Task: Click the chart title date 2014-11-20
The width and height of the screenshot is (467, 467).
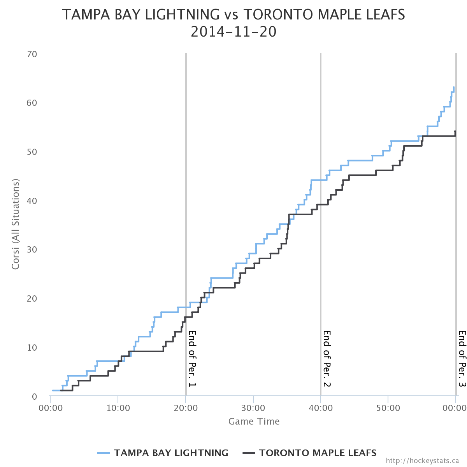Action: (233, 32)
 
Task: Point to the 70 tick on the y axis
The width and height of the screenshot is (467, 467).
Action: (32, 54)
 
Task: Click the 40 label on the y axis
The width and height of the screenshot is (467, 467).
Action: (32, 201)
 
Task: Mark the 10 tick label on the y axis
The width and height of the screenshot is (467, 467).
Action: (32, 348)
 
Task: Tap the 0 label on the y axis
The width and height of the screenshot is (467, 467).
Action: (35, 397)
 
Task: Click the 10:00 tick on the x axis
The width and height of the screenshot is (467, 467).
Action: (118, 409)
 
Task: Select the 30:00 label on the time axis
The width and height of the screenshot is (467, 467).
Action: (253, 409)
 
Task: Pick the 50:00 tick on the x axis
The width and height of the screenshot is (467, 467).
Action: (388, 409)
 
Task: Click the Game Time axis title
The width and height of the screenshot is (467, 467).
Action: (254, 421)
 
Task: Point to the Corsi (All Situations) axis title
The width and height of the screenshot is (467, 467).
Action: (16, 224)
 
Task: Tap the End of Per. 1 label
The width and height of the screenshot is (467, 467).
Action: (192, 358)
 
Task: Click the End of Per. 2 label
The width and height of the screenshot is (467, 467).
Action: (327, 358)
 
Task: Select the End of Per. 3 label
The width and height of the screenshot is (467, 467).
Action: (462, 358)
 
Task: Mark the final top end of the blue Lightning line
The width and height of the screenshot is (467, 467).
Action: (454, 87)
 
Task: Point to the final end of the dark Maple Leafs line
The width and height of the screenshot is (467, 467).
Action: (455, 132)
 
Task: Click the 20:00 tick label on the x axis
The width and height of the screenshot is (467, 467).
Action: (186, 409)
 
